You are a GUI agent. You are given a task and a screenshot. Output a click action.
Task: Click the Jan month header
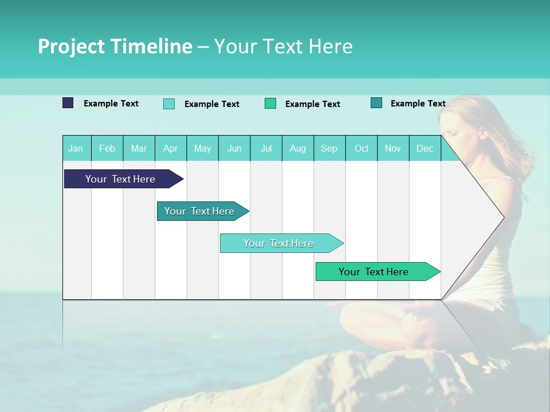76,148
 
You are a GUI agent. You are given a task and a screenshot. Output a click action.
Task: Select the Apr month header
171,148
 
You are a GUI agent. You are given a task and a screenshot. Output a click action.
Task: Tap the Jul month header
266,148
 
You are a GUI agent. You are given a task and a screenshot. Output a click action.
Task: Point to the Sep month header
329,148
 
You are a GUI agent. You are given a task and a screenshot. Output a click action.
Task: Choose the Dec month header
425,148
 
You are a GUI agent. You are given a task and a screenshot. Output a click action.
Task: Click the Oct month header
362,148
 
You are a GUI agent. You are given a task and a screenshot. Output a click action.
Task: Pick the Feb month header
107,148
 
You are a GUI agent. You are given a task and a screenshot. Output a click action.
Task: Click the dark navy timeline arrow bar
120,179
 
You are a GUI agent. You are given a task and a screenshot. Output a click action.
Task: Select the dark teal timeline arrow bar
199,211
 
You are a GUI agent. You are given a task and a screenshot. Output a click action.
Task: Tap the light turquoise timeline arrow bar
278,243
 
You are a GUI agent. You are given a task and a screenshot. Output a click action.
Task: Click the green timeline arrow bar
374,272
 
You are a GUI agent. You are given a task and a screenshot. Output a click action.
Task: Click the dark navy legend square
68,103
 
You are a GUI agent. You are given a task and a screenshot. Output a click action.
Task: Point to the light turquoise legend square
169,104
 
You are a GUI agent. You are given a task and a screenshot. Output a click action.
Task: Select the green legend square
270,104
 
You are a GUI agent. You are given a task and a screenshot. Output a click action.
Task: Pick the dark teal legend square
376,103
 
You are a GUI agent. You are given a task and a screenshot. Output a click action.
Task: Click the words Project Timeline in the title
115,46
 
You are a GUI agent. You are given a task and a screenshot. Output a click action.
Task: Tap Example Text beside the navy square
111,104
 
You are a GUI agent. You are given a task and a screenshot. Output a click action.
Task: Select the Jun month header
234,148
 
